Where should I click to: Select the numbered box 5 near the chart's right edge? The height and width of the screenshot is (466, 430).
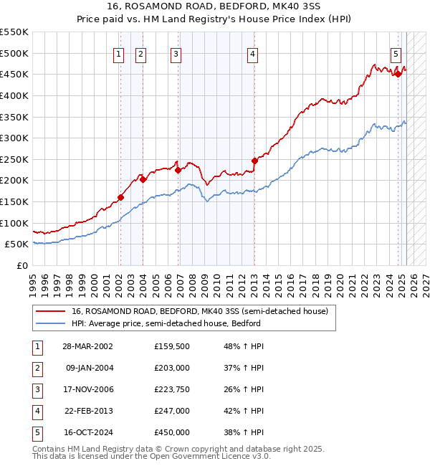click(396, 52)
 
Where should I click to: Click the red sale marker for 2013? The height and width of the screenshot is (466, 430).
click(254, 161)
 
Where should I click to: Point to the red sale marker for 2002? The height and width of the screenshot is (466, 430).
click(120, 198)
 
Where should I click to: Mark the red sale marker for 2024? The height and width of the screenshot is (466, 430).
click(398, 74)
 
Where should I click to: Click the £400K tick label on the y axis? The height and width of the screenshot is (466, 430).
click(14, 95)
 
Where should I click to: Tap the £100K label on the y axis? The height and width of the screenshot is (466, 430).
click(14, 223)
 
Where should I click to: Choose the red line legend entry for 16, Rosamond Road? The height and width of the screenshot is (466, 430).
click(199, 312)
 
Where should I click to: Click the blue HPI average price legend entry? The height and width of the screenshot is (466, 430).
click(166, 323)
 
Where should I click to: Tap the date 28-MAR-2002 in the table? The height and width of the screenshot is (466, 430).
click(88, 346)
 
